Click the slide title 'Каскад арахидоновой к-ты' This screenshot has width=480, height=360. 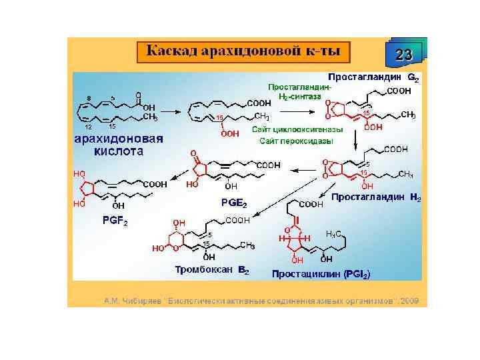(x=243, y=51)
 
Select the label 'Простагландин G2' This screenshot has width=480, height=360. (x=373, y=77)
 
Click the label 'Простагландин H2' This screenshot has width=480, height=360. (x=376, y=197)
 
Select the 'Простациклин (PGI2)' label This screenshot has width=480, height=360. (x=321, y=274)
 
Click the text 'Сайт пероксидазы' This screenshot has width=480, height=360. (x=297, y=141)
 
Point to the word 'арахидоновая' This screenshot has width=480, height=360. (x=119, y=139)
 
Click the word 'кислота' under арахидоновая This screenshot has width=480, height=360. (x=119, y=151)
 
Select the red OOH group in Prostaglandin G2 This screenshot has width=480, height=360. (x=373, y=127)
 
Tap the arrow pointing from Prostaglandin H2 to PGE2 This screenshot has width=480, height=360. (x=300, y=170)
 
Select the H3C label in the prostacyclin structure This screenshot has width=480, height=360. (x=335, y=233)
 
